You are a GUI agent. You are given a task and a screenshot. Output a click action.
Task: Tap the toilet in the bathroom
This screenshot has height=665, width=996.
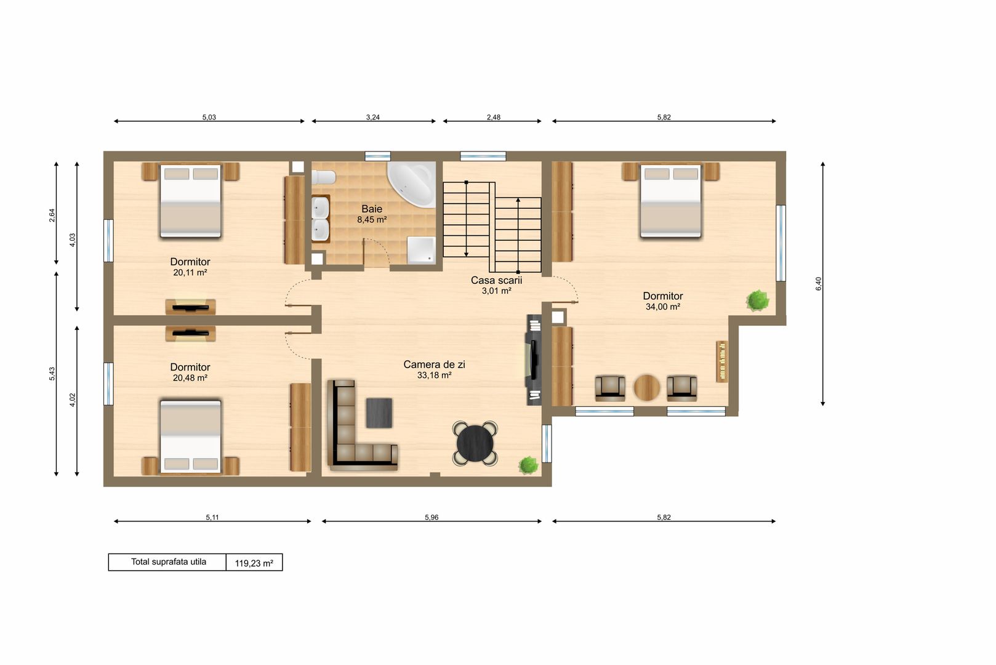(x=323, y=177)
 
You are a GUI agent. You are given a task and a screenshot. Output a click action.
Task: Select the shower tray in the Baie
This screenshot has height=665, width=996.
(x=421, y=251)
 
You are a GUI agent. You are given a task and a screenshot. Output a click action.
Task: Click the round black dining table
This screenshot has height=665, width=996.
(x=475, y=443)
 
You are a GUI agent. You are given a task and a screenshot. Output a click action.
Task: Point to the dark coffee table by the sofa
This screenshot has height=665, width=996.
(x=379, y=413)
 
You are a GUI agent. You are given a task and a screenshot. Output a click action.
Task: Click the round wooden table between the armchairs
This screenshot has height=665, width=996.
(x=646, y=388)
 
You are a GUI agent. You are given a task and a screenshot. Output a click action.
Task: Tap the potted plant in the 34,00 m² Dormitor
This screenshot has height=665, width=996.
(x=757, y=300)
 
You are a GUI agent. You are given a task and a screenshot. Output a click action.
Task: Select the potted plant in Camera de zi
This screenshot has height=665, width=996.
(x=528, y=465)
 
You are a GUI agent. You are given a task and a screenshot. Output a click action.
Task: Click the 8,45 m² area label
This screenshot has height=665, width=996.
(x=372, y=220)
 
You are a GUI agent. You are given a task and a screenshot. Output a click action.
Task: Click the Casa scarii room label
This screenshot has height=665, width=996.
(x=496, y=280)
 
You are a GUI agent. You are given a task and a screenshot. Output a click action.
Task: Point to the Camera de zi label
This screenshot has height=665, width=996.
(x=434, y=365)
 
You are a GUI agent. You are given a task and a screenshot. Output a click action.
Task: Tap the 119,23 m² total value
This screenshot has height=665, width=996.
(x=254, y=563)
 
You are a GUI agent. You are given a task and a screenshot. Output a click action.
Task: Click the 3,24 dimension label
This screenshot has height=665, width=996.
(x=372, y=118)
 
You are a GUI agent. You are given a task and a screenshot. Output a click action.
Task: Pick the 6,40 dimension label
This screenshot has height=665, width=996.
(x=819, y=284)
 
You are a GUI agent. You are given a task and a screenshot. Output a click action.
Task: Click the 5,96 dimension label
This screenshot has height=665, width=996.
(x=432, y=517)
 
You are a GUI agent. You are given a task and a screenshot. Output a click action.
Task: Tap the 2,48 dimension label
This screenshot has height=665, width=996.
(x=493, y=118)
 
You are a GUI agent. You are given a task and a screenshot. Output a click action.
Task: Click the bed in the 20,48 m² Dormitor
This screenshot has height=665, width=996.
(x=190, y=437)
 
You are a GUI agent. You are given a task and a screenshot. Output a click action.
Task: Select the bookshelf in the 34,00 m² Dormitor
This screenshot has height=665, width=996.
(x=722, y=361)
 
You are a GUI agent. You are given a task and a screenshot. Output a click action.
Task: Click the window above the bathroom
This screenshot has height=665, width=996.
(x=377, y=156)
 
